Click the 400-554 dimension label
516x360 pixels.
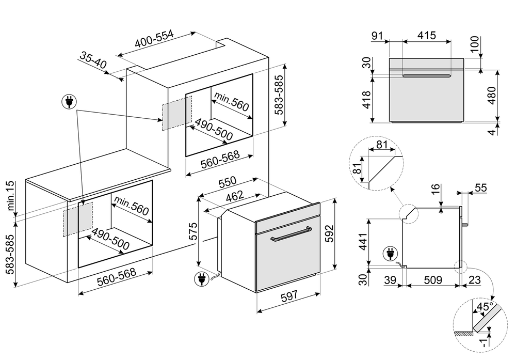(x=154, y=40)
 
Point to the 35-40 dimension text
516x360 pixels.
(x=93, y=61)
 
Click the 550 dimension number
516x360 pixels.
(x=227, y=182)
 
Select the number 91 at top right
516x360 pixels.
(x=377, y=36)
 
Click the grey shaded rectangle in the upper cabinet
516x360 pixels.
(x=176, y=114)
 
